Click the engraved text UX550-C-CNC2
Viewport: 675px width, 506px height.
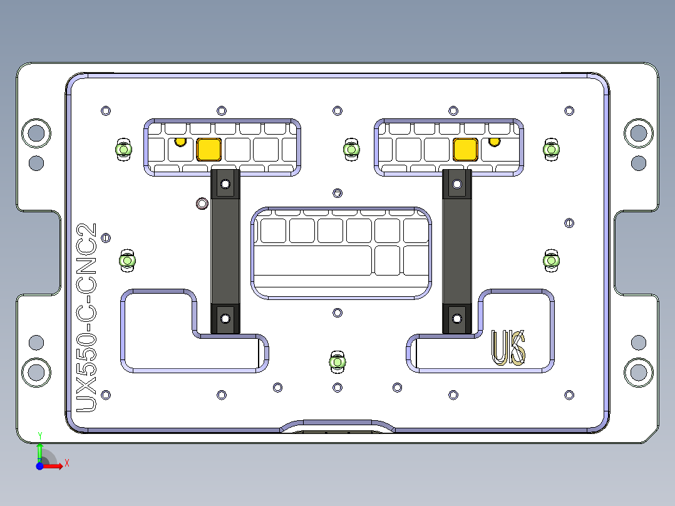[86, 317]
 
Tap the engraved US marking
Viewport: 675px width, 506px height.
[508, 348]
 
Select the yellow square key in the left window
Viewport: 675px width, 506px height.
[209, 150]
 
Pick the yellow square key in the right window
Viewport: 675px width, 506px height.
[465, 149]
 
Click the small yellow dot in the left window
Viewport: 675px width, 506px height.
[180, 142]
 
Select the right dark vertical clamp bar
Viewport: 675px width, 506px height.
[457, 250]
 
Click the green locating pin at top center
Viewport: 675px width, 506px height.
[351, 150]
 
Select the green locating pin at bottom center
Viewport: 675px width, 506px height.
[337, 362]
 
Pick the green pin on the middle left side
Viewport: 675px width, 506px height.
[128, 261]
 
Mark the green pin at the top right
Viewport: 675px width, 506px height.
[551, 149]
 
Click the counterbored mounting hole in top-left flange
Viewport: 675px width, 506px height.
[36, 133]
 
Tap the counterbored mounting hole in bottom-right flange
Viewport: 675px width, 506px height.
[638, 373]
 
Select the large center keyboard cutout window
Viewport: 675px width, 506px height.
[341, 252]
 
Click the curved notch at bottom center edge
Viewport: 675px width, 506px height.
[337, 426]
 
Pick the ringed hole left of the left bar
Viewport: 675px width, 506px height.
[202, 203]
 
